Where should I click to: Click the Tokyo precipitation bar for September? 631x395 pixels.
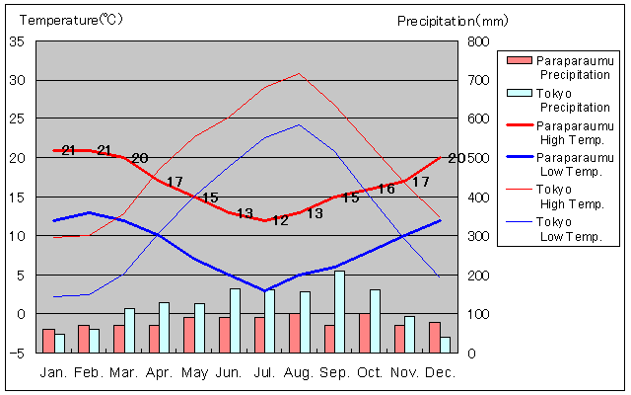coord(340,311)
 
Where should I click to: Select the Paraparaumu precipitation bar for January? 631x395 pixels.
coord(48,340)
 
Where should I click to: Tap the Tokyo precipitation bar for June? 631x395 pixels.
coord(235,320)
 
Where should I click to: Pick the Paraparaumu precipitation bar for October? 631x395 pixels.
coord(365,333)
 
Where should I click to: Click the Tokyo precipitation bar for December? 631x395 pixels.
coord(446,345)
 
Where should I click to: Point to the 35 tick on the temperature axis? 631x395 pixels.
coord(19,41)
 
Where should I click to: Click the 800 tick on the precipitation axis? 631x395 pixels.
coord(477,41)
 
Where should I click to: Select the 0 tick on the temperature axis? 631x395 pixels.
coord(23,314)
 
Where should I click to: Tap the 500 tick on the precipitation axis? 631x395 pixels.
coord(477,158)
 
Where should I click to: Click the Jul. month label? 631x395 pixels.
coord(264,372)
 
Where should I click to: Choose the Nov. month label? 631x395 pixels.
coord(404,372)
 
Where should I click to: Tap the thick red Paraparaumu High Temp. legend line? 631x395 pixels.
coord(519,125)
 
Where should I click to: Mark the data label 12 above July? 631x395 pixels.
coord(280,220)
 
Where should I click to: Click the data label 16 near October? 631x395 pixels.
coord(386,189)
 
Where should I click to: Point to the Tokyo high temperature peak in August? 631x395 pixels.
coord(299,73)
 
